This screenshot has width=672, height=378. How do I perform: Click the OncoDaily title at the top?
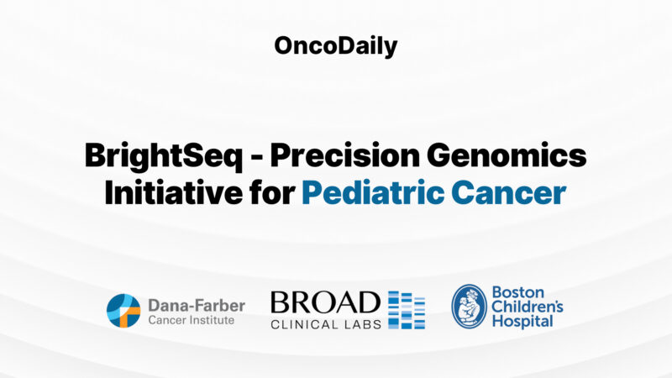[x=335, y=46]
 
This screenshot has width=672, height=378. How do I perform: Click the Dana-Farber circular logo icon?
[x=123, y=310]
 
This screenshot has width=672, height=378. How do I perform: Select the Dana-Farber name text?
[x=196, y=304]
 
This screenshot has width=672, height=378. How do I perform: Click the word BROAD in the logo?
[x=324, y=302]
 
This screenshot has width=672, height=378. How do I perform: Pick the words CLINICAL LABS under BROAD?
[x=324, y=323]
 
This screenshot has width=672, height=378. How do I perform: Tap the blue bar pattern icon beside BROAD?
[x=407, y=310]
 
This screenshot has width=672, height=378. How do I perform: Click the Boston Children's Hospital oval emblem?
[x=469, y=307]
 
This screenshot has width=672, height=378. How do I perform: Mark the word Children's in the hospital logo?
[x=527, y=307]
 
